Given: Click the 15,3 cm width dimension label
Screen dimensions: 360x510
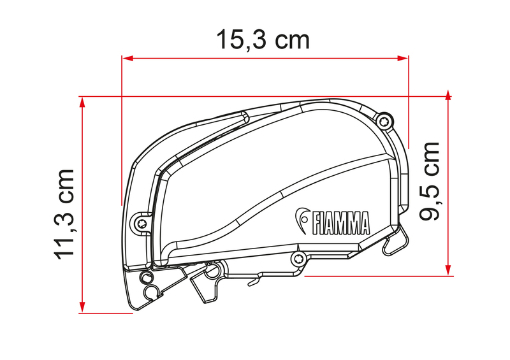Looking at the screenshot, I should (x=263, y=40).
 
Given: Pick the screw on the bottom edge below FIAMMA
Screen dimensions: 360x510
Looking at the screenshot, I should (x=298, y=257).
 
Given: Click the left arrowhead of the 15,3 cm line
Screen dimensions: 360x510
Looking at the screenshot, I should (x=126, y=58).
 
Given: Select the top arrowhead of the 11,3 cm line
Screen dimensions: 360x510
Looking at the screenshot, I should (x=82, y=101).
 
